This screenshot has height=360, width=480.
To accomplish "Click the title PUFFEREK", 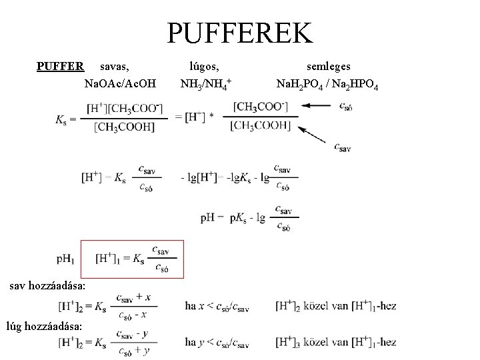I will (239, 32).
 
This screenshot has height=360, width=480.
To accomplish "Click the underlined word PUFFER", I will (60, 66).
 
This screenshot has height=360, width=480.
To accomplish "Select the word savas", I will (114, 66).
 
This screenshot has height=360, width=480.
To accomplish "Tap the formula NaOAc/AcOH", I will (121, 84).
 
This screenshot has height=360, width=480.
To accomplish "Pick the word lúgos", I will (204, 66).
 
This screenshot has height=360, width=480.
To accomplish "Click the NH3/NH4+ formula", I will (205, 85).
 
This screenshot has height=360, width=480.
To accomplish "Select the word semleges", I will (328, 66).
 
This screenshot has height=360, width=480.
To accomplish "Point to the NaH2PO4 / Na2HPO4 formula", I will (327, 85).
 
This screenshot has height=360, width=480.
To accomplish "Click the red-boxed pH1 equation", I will (132, 259).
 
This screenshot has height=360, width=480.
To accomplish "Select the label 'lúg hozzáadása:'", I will (44, 326).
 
